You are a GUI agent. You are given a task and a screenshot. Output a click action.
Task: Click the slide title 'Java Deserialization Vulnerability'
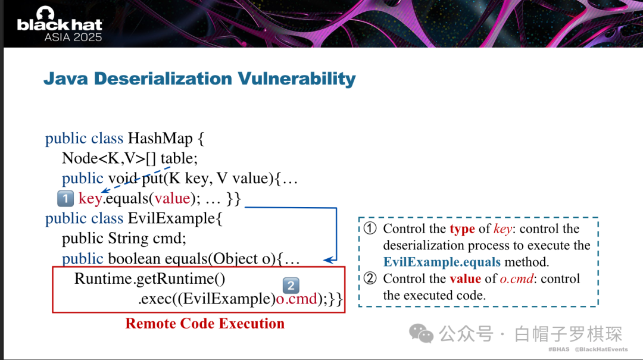[199, 79]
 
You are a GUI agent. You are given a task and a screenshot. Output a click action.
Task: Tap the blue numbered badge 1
[65, 199]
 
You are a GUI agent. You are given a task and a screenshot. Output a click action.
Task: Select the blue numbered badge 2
[291, 286]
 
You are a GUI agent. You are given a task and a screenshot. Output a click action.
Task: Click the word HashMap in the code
[160, 139]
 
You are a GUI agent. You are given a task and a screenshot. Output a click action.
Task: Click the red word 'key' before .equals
[90, 199]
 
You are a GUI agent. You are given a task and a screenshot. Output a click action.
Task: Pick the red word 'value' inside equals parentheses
[172, 199]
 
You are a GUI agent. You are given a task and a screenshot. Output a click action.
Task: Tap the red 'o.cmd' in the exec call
[296, 299]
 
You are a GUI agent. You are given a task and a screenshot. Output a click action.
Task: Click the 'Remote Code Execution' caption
[205, 324]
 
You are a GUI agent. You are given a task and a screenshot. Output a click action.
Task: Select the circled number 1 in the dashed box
[370, 228]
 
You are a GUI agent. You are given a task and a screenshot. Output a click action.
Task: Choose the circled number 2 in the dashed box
[370, 278]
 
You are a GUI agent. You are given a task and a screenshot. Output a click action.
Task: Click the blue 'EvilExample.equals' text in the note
[442, 262]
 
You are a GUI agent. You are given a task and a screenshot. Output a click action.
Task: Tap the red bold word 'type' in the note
[462, 228]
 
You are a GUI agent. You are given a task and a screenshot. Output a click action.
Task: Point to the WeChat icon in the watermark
[421, 334]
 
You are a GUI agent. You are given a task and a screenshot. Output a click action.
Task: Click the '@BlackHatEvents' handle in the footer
[601, 349]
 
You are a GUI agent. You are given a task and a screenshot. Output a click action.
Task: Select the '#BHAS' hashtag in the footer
[559, 349]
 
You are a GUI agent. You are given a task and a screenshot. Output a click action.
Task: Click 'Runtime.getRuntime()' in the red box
[149, 279]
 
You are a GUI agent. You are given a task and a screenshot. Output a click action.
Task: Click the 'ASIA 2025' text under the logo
[73, 37]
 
